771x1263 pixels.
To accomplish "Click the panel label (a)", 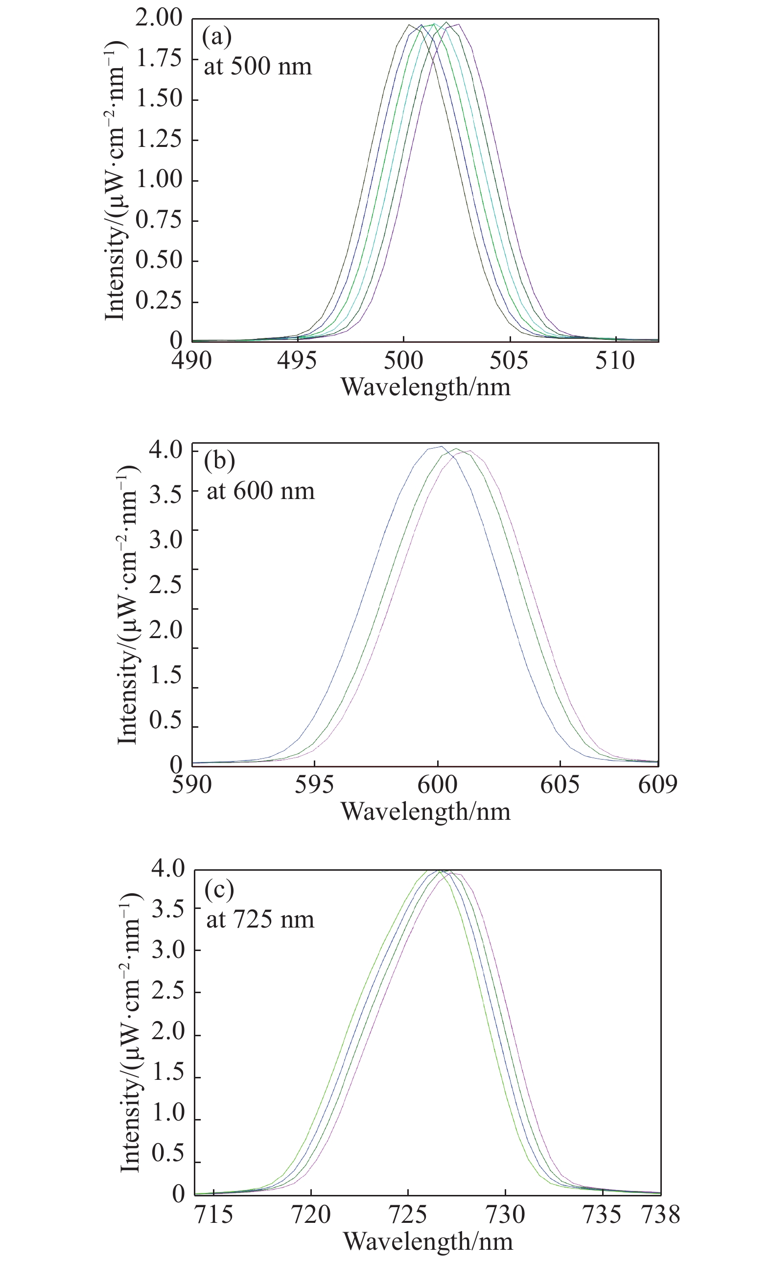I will pyautogui.click(x=217, y=37).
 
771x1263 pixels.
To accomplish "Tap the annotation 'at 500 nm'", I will pyautogui.click(x=257, y=67).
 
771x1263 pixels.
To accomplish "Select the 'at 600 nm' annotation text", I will pyautogui.click(x=260, y=491).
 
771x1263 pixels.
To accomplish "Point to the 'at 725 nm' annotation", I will pyautogui.click(x=260, y=920).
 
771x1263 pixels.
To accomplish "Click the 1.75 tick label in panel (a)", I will pyautogui.click(x=159, y=58).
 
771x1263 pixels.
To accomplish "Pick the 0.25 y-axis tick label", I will pyautogui.click(x=159, y=301).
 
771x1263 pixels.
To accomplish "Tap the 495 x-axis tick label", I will pyautogui.click(x=297, y=361).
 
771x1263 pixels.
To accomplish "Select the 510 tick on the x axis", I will pyautogui.click(x=615, y=361).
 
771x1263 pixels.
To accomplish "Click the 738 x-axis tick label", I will pyautogui.click(x=661, y=1215).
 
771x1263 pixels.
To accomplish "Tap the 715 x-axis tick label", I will pyautogui.click(x=213, y=1215).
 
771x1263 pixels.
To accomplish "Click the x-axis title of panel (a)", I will pyautogui.click(x=425, y=387).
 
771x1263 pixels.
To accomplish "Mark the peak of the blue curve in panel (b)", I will pyautogui.click(x=442, y=447).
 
